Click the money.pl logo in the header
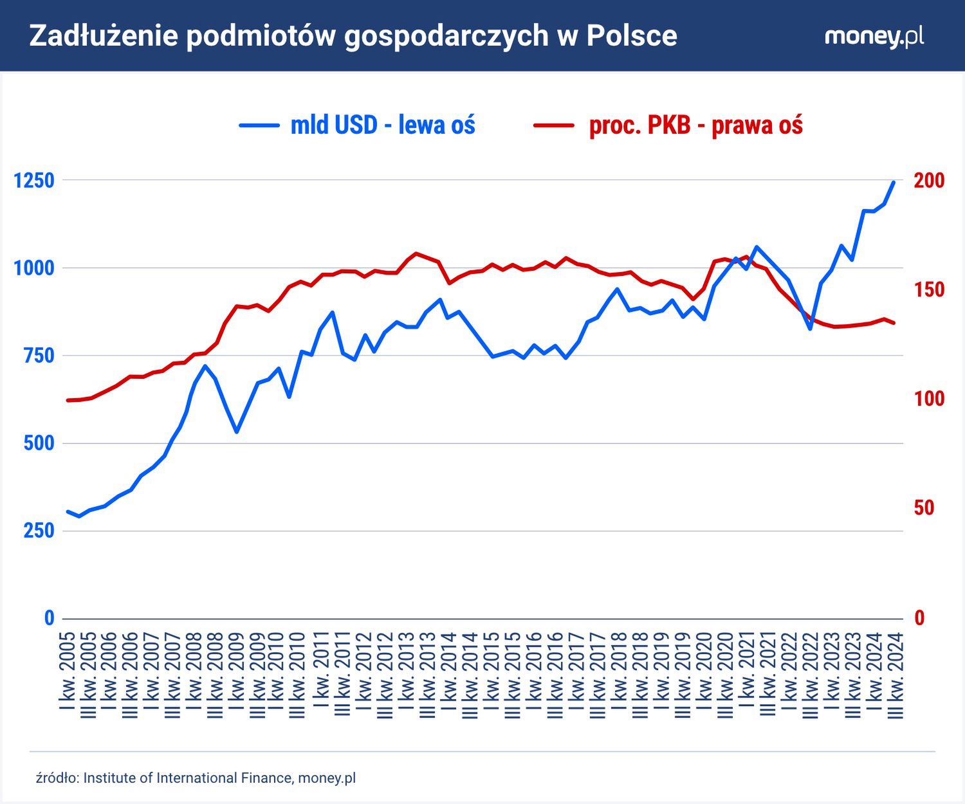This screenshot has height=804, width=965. pos(874,36)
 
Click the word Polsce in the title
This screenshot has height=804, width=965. pos(631,36)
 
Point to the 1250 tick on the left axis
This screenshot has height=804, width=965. pos(34,180)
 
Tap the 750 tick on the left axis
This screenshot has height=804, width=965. pos(39,356)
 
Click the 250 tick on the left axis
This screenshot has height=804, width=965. pos(39,531)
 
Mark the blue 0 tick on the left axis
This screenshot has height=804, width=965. pos(49,618)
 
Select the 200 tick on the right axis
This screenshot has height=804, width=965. pos(929,180)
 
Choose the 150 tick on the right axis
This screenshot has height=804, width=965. pos(929,289)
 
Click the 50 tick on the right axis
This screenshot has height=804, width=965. pos(924,508)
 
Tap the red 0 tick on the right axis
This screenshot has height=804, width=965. pos(919,618)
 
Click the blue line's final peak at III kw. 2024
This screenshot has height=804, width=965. pos(894,182)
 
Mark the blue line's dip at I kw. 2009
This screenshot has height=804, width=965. pos(237,432)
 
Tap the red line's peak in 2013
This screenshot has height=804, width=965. pos(416,253)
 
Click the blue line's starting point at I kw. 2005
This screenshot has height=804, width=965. pos(68,511)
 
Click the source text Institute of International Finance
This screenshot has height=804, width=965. pos(188,778)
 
